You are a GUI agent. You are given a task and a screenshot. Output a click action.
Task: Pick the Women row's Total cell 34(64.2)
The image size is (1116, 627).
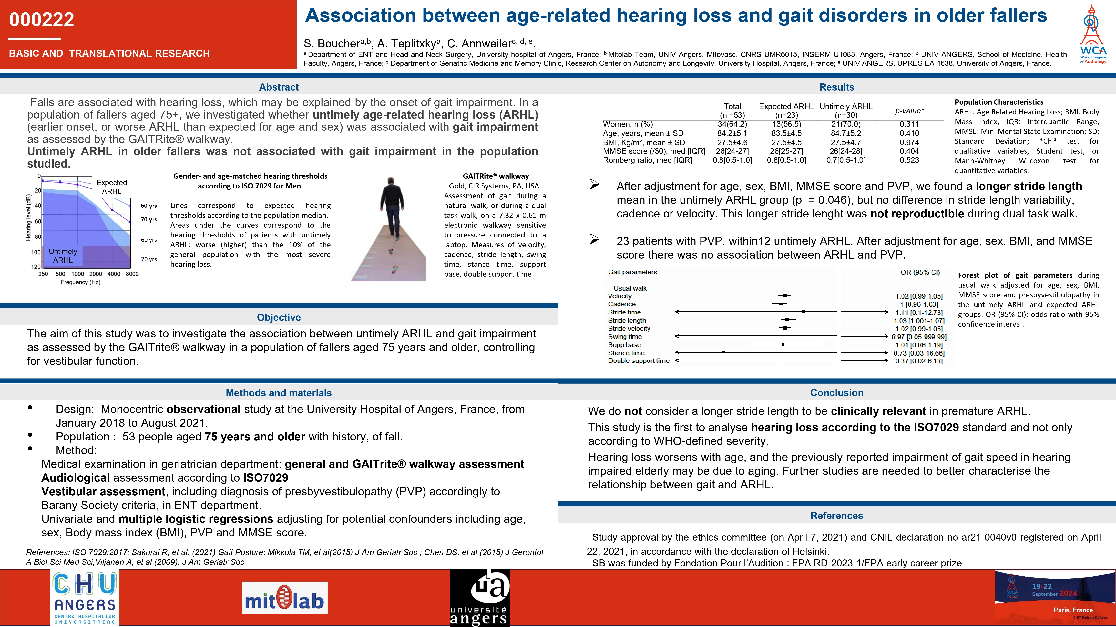(732, 124)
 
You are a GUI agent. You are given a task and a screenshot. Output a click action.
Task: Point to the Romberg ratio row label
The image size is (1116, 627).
(647, 160)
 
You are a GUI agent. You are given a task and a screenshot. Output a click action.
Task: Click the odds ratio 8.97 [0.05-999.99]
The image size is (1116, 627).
(918, 337)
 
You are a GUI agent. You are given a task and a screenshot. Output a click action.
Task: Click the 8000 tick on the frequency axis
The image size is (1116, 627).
(132, 274)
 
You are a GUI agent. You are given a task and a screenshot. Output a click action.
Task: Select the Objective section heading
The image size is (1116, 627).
(279, 317)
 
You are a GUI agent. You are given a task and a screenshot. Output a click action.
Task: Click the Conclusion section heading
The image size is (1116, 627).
(837, 393)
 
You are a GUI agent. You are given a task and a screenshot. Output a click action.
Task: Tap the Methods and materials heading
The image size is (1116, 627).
(279, 393)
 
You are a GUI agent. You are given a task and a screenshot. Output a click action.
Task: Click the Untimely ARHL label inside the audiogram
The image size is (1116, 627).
(63, 256)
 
